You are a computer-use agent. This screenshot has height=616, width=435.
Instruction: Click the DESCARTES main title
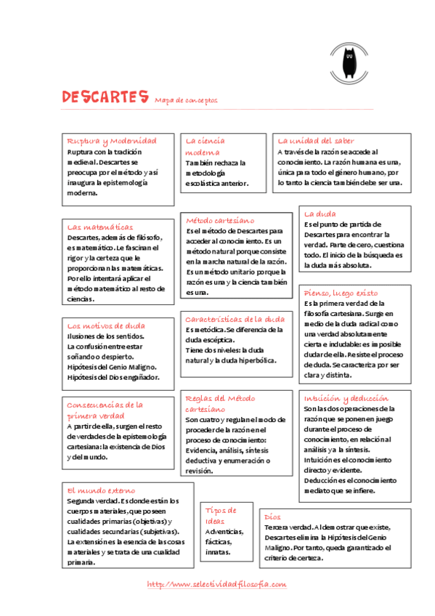tap(105, 97)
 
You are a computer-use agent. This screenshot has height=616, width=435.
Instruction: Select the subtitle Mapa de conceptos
tap(186, 100)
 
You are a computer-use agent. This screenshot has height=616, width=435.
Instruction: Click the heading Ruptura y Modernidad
tap(111, 140)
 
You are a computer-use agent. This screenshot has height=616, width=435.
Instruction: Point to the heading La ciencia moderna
tap(205, 146)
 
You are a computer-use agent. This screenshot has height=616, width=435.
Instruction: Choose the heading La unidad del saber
tap(316, 140)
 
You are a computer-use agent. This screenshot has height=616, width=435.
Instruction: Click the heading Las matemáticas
tap(100, 227)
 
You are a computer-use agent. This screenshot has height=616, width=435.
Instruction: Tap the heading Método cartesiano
tap(220, 219)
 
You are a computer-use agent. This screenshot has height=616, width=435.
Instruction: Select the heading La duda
tap(320, 214)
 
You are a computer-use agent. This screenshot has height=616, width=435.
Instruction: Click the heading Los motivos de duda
tap(105, 325)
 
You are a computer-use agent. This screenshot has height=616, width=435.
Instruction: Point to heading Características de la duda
tap(235, 318)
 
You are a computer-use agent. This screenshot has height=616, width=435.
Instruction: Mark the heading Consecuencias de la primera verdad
tap(105, 410)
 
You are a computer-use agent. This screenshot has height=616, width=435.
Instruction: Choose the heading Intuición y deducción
tap(346, 398)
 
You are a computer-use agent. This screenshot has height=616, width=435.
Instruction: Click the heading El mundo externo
tap(101, 490)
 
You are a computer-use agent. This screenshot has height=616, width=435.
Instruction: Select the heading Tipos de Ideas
tap(220, 515)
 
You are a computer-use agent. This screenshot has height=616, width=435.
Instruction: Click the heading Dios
tap(272, 515)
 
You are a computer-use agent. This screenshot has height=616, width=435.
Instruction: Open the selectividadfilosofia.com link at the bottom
tap(216, 584)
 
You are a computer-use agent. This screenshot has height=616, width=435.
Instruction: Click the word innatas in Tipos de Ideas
tap(218, 551)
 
